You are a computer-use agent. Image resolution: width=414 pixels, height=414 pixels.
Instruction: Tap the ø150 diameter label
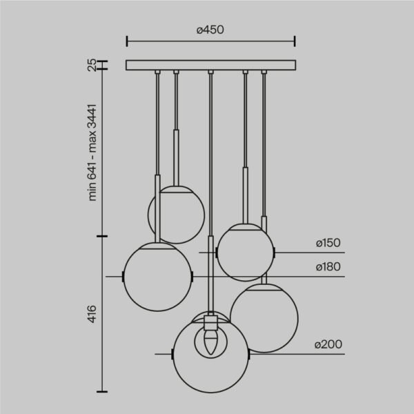(328, 243)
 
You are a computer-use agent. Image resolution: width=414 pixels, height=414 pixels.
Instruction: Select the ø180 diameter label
(328, 266)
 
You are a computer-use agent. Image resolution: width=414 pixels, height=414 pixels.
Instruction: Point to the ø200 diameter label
(328, 344)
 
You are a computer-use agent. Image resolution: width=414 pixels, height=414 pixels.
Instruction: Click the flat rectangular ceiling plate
(210, 66)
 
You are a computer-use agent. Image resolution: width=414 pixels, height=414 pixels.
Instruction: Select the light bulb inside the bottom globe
(211, 339)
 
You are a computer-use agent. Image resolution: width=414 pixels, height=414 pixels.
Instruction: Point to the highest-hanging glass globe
(176, 214)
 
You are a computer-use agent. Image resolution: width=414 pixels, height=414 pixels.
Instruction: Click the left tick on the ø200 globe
(172, 355)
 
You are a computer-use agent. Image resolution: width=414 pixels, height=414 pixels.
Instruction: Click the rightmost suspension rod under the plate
(264, 138)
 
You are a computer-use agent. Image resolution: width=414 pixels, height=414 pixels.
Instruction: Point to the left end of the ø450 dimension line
(127, 41)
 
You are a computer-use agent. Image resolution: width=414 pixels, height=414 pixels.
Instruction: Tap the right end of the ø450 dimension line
(295, 41)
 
